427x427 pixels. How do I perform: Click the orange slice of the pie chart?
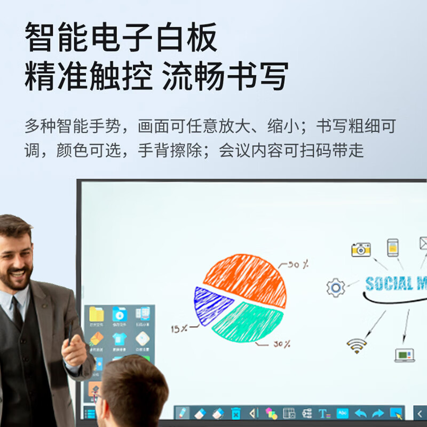coord(246,278)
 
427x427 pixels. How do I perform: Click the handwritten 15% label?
coord(179,329)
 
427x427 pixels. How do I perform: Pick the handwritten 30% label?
coord(282,344)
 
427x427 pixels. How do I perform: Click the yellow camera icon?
coord(361,249)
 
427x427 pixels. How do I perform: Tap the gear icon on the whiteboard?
coord(336,288)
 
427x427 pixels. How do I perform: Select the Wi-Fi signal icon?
coord(356,346)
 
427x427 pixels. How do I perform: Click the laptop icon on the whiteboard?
coord(405,354)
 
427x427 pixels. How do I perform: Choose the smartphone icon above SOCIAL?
coord(393,247)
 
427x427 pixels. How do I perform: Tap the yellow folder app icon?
coord(97,314)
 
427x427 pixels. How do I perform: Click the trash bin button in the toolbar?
coord(235,413)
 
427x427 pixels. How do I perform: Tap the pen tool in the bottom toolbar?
coord(183,413)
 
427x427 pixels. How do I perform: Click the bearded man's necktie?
coord(17,315)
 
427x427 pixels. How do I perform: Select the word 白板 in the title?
coord(184,37)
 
